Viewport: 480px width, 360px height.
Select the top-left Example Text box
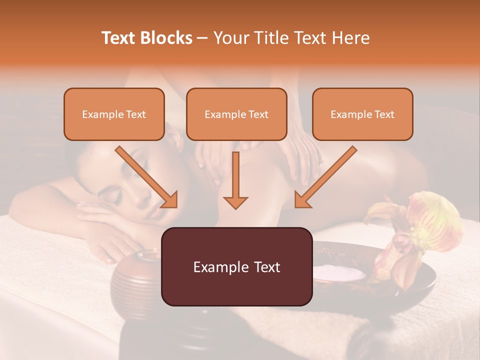click(114, 114)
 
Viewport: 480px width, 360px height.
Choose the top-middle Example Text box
click(236, 114)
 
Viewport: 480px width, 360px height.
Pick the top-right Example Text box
click(362, 114)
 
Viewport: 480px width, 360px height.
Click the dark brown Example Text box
click(236, 266)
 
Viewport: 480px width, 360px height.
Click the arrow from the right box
click(325, 177)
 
